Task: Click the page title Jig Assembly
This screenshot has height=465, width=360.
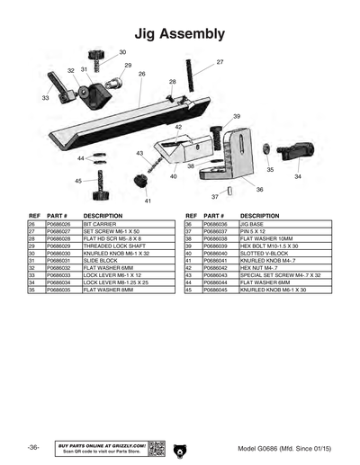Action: point(179,33)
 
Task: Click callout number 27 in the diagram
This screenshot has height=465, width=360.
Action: point(220,62)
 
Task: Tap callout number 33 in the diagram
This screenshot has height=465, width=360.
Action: point(45,98)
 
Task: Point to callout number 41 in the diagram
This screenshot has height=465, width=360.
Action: point(148,201)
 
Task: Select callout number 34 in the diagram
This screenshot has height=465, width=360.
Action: point(298,177)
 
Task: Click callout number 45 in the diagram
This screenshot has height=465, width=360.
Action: point(78,181)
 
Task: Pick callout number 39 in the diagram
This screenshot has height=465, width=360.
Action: point(236,117)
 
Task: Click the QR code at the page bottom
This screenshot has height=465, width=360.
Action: point(156,447)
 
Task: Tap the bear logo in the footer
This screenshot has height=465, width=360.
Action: point(179,447)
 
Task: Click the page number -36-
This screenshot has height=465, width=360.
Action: point(32,447)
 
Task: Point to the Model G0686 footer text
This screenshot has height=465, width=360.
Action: point(284,448)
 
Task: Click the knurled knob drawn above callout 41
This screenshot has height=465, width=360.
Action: point(140,183)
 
